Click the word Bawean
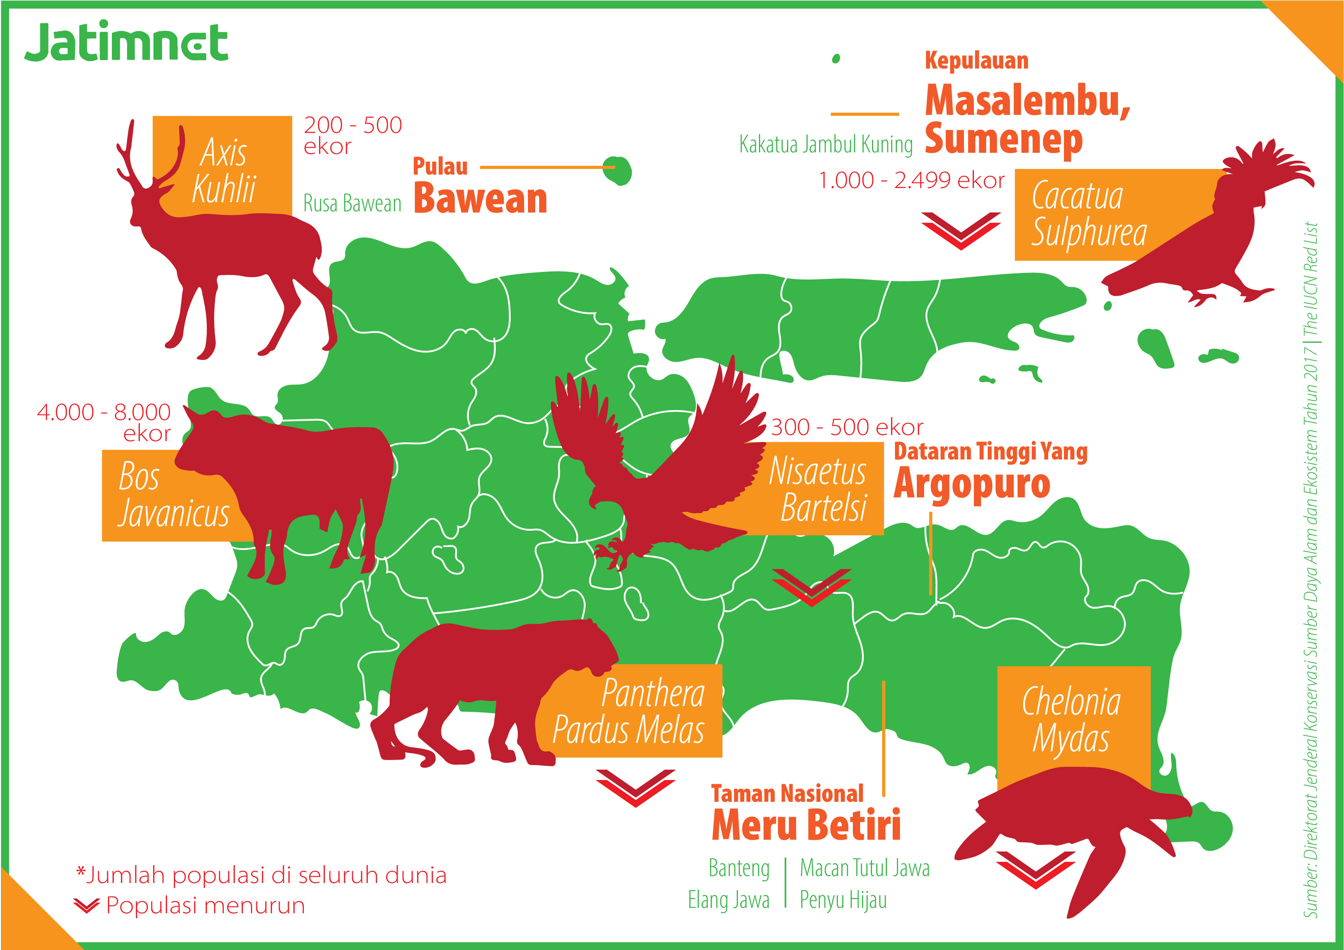(480, 199)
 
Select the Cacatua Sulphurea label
(1089, 214)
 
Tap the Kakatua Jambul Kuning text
(825, 144)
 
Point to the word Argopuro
(972, 484)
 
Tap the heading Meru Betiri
(806, 825)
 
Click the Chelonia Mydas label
(1072, 719)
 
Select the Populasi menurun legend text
(205, 906)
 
